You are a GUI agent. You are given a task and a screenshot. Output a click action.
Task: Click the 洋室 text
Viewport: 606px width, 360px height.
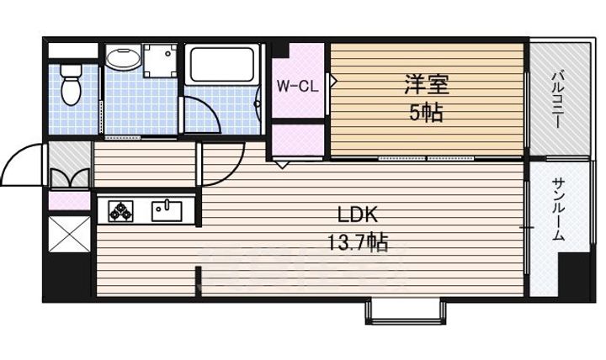[x=426, y=83]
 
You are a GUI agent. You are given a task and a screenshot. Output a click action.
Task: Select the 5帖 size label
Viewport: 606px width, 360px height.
[x=426, y=112]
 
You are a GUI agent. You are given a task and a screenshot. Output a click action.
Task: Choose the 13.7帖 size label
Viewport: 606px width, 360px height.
[x=357, y=244]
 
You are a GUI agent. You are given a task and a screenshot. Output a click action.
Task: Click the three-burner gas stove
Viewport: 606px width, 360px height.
[x=120, y=209]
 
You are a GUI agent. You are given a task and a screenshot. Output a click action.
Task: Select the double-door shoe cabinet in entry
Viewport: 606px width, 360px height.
[x=69, y=178]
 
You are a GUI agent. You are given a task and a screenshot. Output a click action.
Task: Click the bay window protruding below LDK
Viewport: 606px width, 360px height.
[x=402, y=311]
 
